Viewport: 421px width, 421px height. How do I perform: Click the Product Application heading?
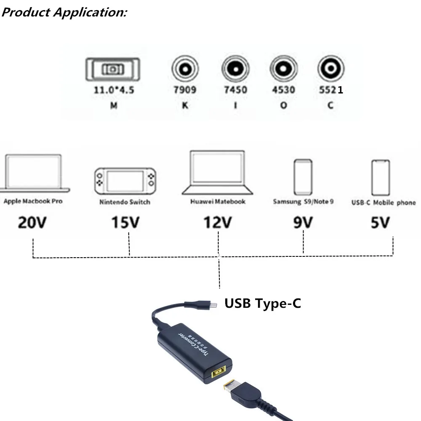64,12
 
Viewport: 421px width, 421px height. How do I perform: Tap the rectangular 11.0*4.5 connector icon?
112,69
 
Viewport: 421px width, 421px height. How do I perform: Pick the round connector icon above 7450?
235,68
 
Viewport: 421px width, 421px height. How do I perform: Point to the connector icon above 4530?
283,68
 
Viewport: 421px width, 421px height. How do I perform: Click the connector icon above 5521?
330,68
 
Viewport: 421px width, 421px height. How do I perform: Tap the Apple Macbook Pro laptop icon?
34,173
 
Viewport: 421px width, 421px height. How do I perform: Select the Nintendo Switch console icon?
125,180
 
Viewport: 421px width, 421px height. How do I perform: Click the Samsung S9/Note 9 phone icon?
303,177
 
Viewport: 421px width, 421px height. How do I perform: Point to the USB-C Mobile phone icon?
381,177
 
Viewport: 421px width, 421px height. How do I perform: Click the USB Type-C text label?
262,303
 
